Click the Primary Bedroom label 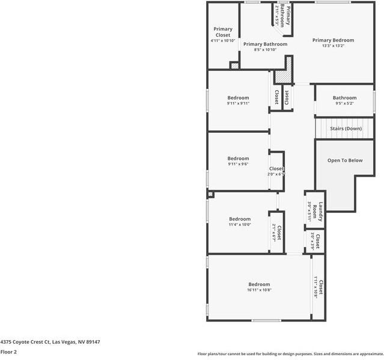click(333, 40)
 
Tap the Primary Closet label click(223, 32)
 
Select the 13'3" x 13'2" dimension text click(333, 46)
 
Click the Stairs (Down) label click(346, 129)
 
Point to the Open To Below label click(345, 160)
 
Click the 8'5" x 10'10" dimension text click(265, 50)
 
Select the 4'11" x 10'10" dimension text click(222, 41)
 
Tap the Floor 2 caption click(8, 352)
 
